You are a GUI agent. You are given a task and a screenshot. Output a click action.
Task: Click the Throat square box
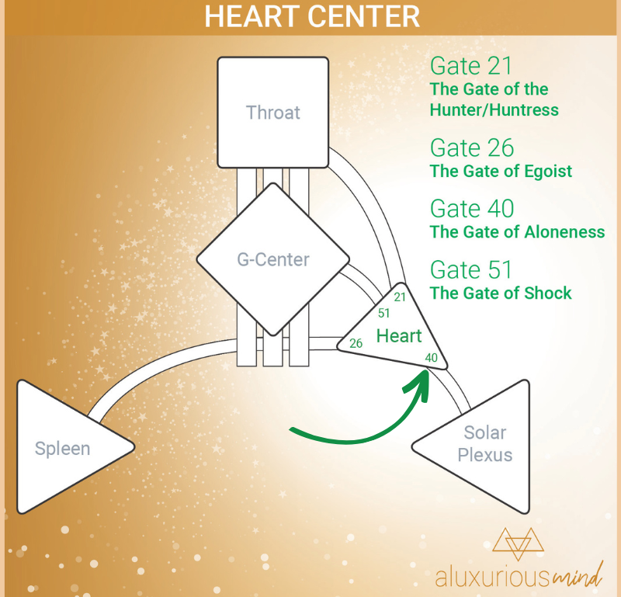pyautogui.click(x=273, y=113)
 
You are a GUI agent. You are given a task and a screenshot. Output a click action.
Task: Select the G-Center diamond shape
pyautogui.click(x=273, y=259)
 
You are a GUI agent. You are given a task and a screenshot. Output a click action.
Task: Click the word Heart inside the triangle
pyautogui.click(x=399, y=336)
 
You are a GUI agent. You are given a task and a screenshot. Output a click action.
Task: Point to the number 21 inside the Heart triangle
pyautogui.click(x=400, y=297)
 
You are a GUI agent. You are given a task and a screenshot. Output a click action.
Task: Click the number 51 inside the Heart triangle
pyautogui.click(x=383, y=314)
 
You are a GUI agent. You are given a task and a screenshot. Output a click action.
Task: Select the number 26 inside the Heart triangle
pyautogui.click(x=356, y=343)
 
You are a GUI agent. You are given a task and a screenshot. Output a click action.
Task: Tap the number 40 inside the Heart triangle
pyautogui.click(x=432, y=358)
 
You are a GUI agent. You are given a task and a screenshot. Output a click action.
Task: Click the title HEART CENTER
pyautogui.click(x=312, y=16)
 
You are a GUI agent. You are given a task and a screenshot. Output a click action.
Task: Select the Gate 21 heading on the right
pyautogui.click(x=471, y=66)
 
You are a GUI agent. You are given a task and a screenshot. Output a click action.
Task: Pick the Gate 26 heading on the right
pyautogui.click(x=472, y=148)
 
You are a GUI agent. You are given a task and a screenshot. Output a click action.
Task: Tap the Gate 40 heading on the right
pyautogui.click(x=472, y=208)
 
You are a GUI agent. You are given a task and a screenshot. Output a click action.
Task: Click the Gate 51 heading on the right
pyautogui.click(x=471, y=269)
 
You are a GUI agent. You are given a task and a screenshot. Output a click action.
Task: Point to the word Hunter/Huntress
pyautogui.click(x=494, y=109)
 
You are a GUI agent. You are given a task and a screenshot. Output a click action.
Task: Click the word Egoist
pyautogui.click(x=548, y=171)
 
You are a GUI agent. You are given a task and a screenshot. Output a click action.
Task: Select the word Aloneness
pyautogui.click(x=565, y=232)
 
